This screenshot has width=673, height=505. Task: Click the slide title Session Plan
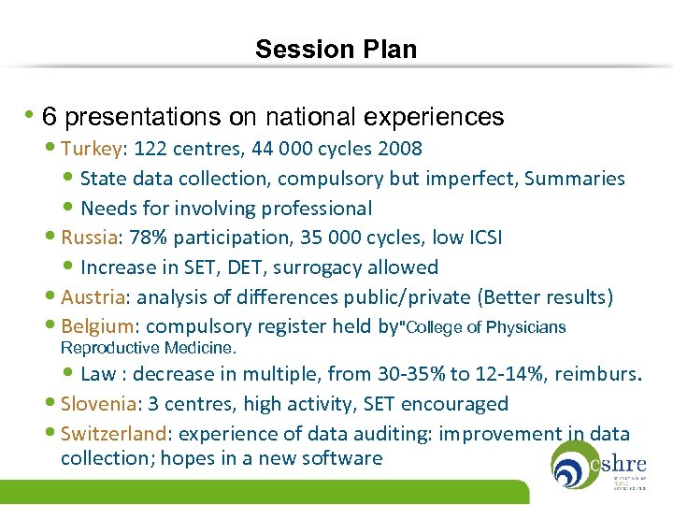pyautogui.click(x=336, y=49)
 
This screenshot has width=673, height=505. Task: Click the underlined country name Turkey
pyautogui.click(x=91, y=149)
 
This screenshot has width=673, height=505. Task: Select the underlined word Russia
pyautogui.click(x=89, y=238)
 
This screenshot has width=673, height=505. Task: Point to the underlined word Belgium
pyautogui.click(x=98, y=326)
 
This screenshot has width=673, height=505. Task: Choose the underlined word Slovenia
pyautogui.click(x=98, y=404)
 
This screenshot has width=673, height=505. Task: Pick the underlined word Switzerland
pyautogui.click(x=113, y=434)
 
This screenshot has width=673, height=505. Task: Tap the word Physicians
pyautogui.click(x=523, y=327)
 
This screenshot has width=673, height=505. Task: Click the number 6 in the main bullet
pyautogui.click(x=50, y=117)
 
